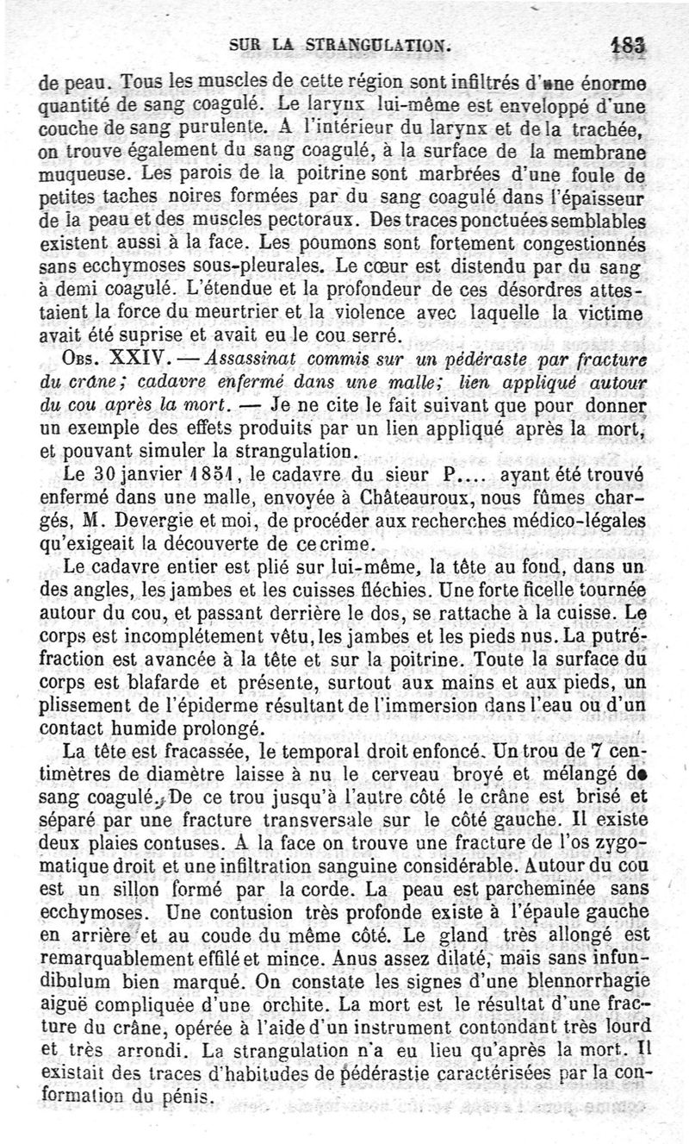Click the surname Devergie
coord(155,521)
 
